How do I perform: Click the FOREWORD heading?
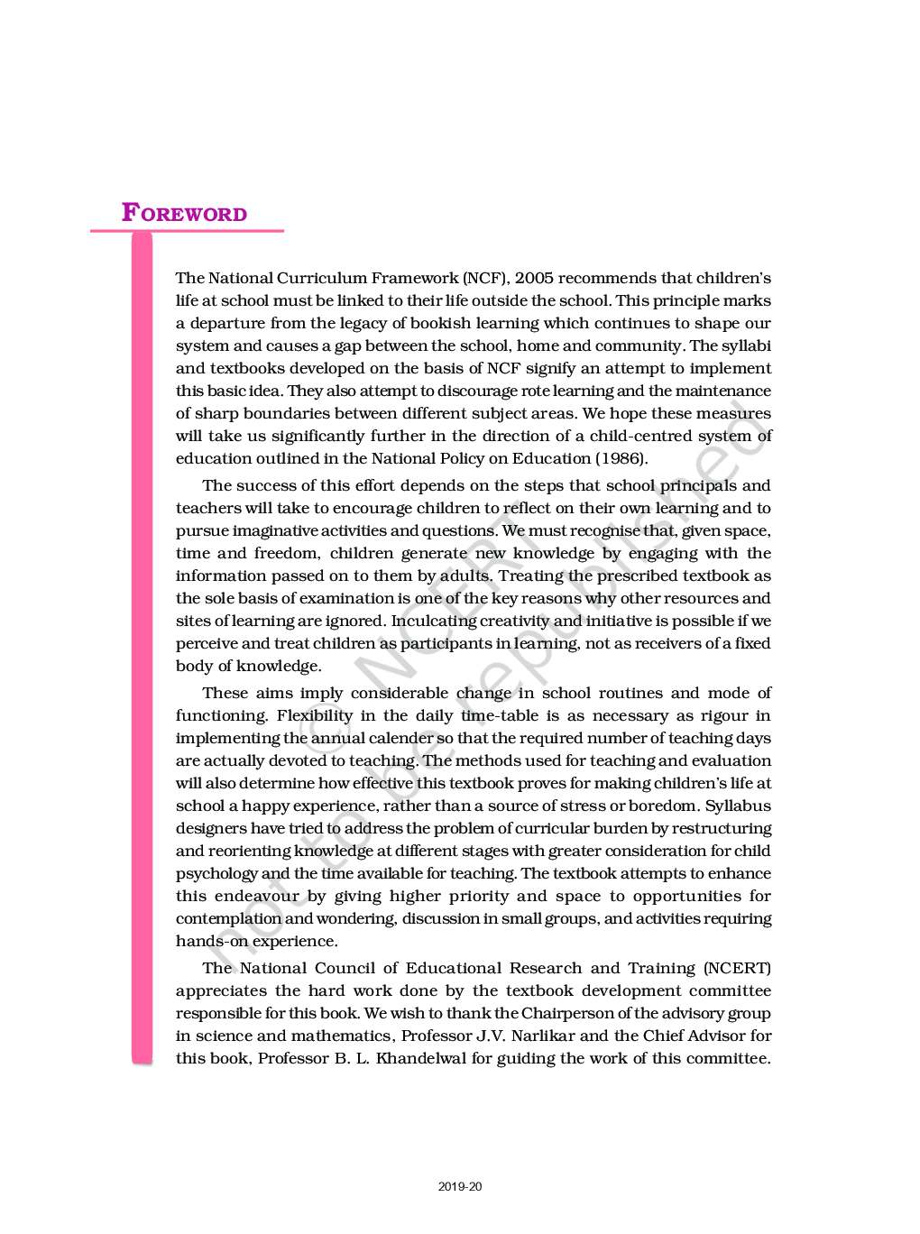(x=184, y=213)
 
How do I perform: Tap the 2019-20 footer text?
(x=460, y=1186)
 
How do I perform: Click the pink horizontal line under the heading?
(x=187, y=231)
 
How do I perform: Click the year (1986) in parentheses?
(x=621, y=458)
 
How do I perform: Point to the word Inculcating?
(x=436, y=621)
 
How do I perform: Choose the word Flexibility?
(x=314, y=715)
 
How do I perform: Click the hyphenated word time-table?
(x=499, y=715)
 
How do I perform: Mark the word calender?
(x=398, y=738)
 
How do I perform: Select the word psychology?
(x=216, y=873)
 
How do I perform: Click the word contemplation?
(x=228, y=918)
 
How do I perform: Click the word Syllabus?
(x=738, y=806)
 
